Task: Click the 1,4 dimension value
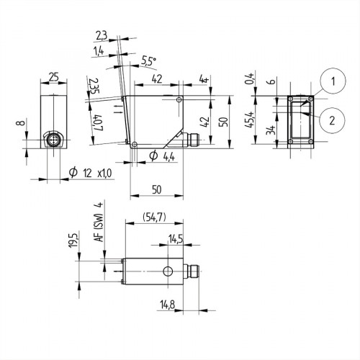pyautogui.click(x=99, y=51)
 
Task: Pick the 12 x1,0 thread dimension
pyautogui.click(x=89, y=173)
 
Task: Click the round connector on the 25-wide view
pyautogui.click(x=53, y=138)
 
